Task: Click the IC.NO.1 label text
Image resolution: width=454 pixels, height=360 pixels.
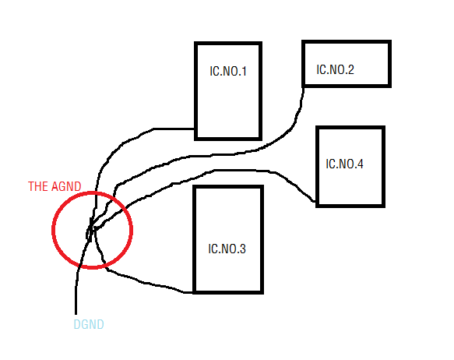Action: pos(228,71)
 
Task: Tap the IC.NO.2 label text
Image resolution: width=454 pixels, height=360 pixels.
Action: pos(335,69)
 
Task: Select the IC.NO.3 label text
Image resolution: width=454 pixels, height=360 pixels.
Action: pos(227,249)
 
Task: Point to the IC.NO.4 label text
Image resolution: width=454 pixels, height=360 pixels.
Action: pos(344,164)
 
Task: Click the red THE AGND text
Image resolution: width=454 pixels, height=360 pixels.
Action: pos(55,186)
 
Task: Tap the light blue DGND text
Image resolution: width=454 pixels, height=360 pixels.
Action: pos(89,324)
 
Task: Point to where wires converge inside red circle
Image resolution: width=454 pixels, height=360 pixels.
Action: pos(91,230)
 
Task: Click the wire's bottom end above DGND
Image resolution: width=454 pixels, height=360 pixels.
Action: pos(76,314)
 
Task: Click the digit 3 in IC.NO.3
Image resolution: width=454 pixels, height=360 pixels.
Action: pos(243,249)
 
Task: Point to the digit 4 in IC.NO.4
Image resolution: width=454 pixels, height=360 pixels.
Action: pos(360,164)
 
